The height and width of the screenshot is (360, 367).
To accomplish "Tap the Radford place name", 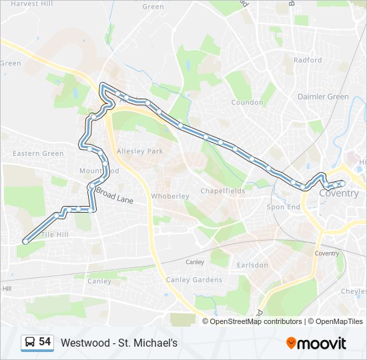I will click(307, 60).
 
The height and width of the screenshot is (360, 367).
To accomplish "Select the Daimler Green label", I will click(323, 97).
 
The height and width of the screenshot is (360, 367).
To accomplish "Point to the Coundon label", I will click(247, 103).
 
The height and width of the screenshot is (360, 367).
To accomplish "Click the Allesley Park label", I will click(139, 151).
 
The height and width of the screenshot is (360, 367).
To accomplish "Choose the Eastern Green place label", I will click(39, 153).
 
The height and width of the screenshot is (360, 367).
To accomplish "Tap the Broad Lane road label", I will click(114, 194).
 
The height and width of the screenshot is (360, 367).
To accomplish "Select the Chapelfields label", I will click(223, 191).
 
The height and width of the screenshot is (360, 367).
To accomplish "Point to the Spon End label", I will click(284, 207).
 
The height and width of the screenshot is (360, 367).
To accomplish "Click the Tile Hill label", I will click(55, 235).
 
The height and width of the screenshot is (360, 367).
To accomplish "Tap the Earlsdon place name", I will click(252, 265).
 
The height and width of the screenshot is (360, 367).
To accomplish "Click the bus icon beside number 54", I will click(30, 343).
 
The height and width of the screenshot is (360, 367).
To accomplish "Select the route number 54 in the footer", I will click(45, 342).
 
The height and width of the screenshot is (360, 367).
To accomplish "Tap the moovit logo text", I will click(322, 343).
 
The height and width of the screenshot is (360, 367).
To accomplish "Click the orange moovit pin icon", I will click(291, 343).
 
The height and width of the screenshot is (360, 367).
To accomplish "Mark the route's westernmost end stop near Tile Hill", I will click(25, 241).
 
